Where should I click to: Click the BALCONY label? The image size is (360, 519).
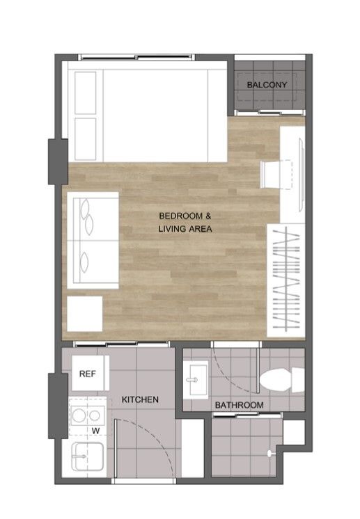pyautogui.click(x=267, y=85)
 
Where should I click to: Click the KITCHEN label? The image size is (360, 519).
pyautogui.click(x=140, y=399)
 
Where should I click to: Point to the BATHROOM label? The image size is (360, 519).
pyautogui.click(x=239, y=405)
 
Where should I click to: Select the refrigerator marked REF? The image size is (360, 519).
pyautogui.click(x=91, y=373)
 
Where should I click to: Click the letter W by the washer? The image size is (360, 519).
pyautogui.click(x=95, y=431)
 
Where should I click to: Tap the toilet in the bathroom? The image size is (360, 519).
pyautogui.click(x=282, y=380)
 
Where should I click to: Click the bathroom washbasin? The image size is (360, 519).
pyautogui.click(x=196, y=380)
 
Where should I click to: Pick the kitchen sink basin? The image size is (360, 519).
pyautogui.click(x=88, y=456)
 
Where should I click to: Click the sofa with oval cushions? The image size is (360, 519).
pyautogui.click(x=93, y=240)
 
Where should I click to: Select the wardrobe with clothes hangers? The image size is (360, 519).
pyautogui.click(x=285, y=280)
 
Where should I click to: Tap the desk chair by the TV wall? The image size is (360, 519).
pyautogui.click(x=276, y=175)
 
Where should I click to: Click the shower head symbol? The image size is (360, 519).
pyautogui.click(x=271, y=453)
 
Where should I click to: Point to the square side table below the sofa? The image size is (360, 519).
pyautogui.click(x=85, y=314)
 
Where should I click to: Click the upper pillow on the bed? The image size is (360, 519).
pyautogui.click(x=86, y=93)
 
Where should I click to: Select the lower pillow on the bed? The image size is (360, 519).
pyautogui.click(x=86, y=139)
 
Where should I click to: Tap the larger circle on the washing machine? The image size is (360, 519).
pyautogui.click(x=79, y=415)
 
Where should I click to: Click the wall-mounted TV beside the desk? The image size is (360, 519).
pyautogui.click(x=301, y=175)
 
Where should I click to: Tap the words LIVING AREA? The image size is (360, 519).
pyautogui.click(x=185, y=229)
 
